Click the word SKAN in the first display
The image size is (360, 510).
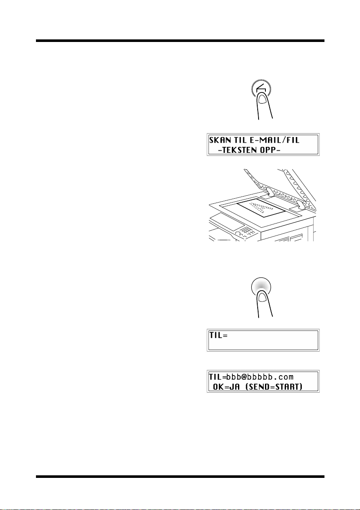coord(220,140)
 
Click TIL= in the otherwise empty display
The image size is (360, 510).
coord(218,336)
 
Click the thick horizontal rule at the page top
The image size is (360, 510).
coord(180,41)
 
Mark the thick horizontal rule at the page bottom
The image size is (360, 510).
coord(180,477)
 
